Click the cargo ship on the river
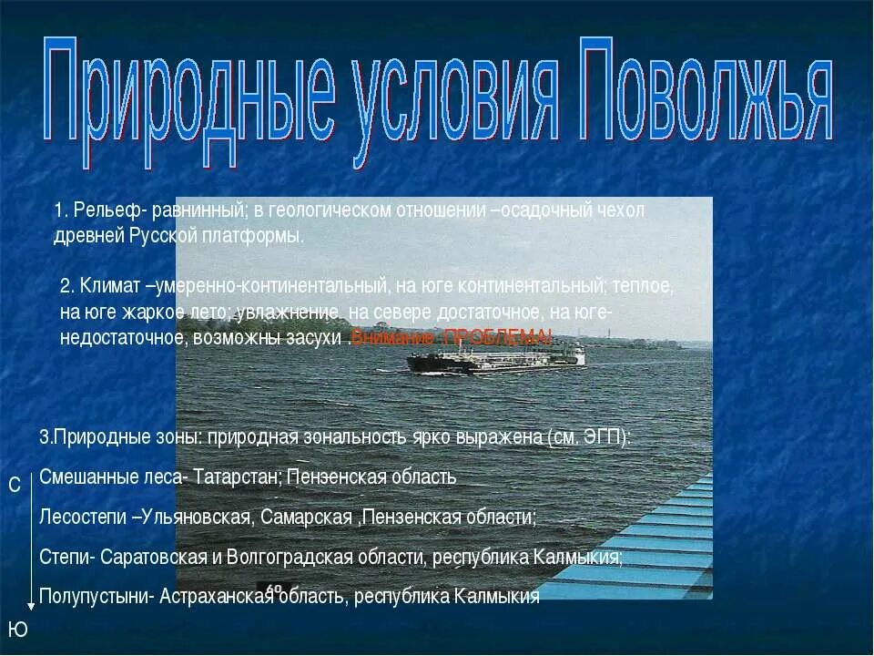click(496, 359)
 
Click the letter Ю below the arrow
click(17, 629)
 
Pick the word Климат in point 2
click(111, 286)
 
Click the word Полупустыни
click(95, 597)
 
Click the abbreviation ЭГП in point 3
click(604, 436)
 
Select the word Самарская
click(307, 517)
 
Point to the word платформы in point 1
click(258, 236)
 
